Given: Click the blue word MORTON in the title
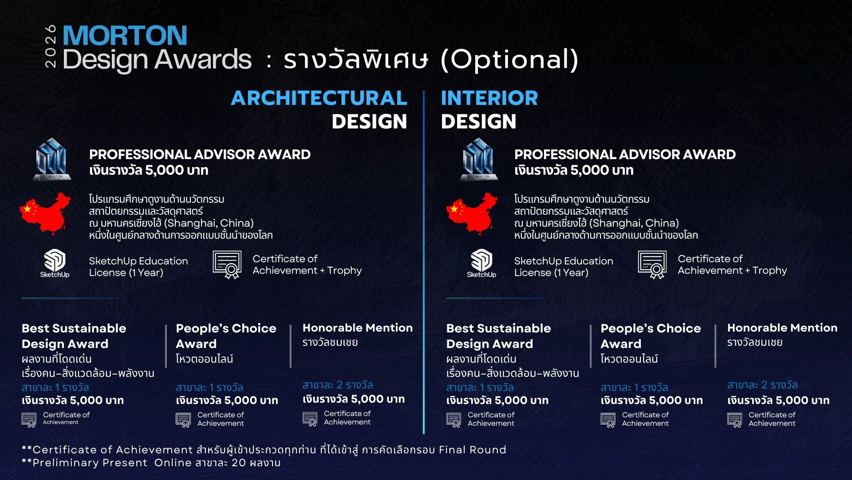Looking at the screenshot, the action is pyautogui.click(x=125, y=36).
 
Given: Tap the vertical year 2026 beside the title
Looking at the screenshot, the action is pyautogui.click(x=51, y=46).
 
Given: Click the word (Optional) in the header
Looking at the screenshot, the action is pyautogui.click(x=510, y=60).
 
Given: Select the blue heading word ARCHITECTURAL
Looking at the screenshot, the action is pyautogui.click(x=319, y=98).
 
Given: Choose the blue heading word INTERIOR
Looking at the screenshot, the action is pyautogui.click(x=489, y=98).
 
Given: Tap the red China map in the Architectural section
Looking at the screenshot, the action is pyautogui.click(x=45, y=213).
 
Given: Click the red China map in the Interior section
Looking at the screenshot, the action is pyautogui.click(x=472, y=213).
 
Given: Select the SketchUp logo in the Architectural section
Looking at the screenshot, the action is pyautogui.click(x=55, y=264).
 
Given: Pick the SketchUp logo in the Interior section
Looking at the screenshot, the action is pyautogui.click(x=481, y=264).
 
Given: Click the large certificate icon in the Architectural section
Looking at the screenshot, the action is pyautogui.click(x=227, y=265).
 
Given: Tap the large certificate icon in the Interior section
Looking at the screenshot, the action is pyautogui.click(x=652, y=265).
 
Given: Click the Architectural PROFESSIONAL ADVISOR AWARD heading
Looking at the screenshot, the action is pyautogui.click(x=200, y=155).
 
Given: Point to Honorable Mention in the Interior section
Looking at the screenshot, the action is pyautogui.click(x=782, y=328).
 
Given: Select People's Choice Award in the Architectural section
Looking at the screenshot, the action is pyautogui.click(x=226, y=336).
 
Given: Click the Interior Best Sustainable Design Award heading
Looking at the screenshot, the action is pyautogui.click(x=498, y=336).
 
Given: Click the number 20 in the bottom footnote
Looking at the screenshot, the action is pyautogui.click(x=239, y=463).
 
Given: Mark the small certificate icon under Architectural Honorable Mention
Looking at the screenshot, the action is pyautogui.click(x=310, y=419).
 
